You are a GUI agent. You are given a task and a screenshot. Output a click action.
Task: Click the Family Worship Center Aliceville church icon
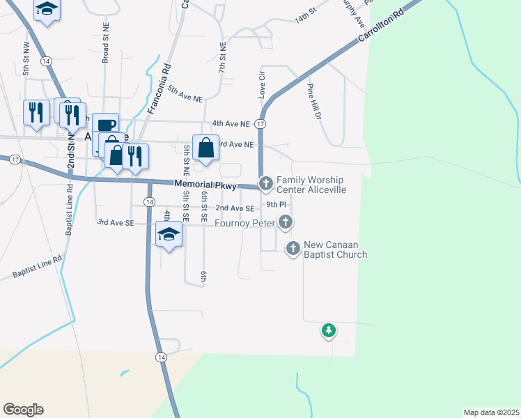(265, 184)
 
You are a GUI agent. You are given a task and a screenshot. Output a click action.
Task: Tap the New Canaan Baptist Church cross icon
(293, 247)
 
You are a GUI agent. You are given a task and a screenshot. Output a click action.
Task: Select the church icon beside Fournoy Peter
(285, 222)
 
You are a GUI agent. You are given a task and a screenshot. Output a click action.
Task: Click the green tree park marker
(328, 330)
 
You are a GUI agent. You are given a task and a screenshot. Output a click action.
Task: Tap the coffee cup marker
(106, 125)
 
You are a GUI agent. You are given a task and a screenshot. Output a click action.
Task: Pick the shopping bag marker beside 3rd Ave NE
(206, 148)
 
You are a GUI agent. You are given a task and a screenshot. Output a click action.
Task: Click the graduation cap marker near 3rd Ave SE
(168, 235)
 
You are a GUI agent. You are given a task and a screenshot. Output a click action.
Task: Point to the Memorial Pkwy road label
(205, 185)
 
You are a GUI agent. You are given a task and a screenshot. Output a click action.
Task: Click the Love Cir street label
(263, 83)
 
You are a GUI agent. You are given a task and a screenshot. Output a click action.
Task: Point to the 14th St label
(305, 16)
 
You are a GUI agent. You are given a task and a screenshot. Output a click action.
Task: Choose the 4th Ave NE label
(231, 123)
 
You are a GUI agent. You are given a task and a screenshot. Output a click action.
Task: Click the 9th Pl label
(277, 205)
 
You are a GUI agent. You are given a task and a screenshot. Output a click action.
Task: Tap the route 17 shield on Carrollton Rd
(260, 123)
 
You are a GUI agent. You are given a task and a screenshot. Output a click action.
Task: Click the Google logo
(23, 410)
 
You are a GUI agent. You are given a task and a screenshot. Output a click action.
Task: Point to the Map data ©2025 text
(491, 412)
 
